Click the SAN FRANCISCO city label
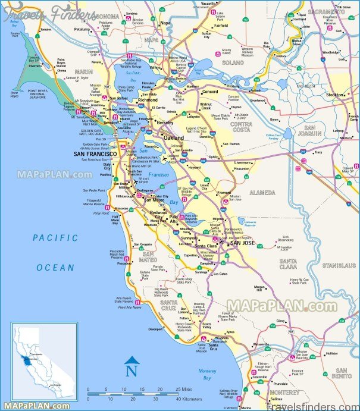coord(95,154)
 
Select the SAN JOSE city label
coord(243,243)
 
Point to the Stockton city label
coord(335,95)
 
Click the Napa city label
coord(165,23)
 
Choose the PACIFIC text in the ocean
coord(55,237)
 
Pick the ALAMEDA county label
coord(262,193)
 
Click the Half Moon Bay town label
coord(116,219)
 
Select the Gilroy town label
coord(281,321)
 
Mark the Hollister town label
coord(331,353)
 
